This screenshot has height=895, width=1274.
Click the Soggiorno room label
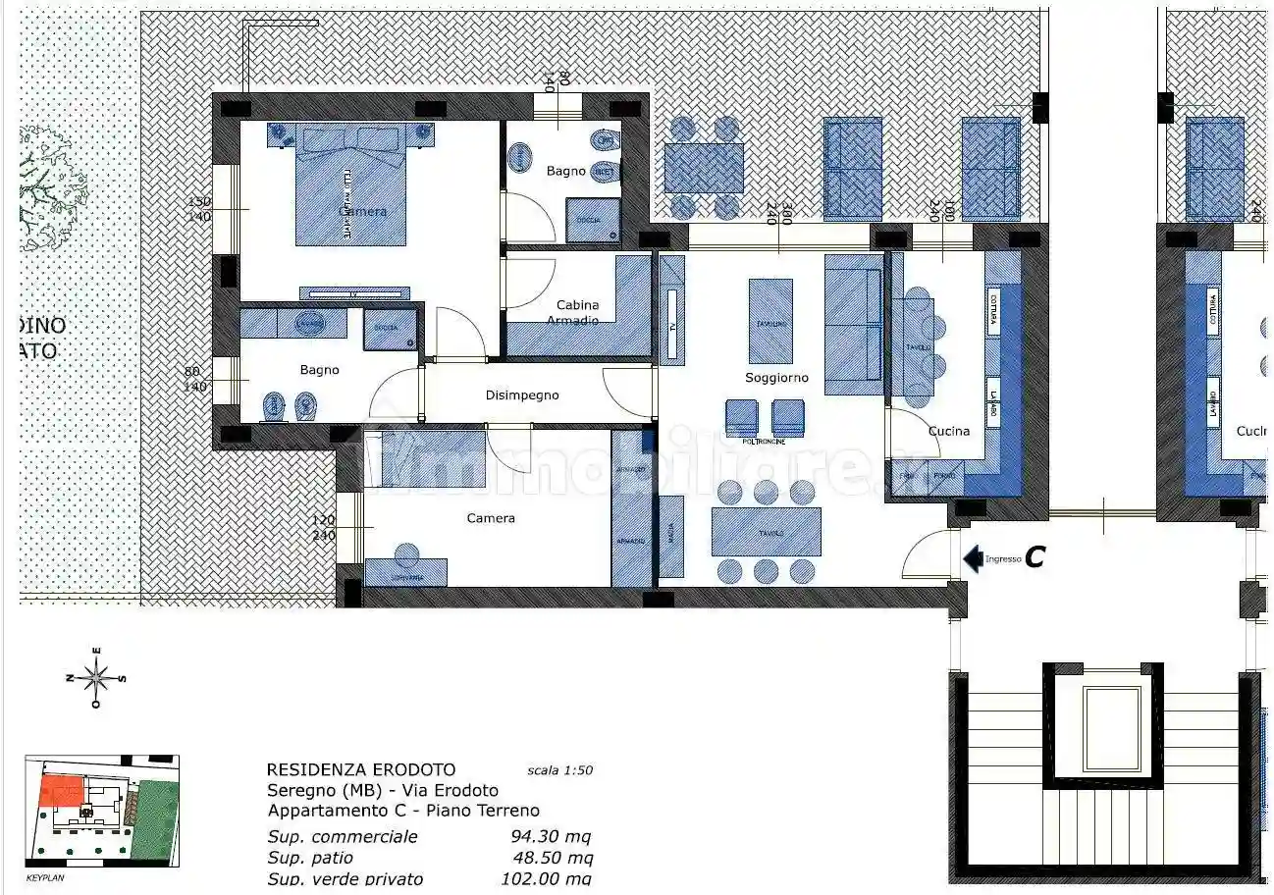776,378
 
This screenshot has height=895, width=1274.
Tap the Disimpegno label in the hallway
522,395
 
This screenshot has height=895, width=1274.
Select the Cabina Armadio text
576,312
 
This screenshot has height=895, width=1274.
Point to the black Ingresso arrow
973,558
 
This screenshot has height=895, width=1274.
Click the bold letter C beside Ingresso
1034,557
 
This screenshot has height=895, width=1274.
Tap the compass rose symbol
96,676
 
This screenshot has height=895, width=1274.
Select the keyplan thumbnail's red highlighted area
61,790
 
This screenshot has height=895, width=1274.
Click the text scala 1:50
559,770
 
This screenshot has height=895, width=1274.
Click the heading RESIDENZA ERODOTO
361,770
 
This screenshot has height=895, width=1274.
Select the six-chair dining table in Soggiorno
766,531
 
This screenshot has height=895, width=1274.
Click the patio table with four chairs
704,168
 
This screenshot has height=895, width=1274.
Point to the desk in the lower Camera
405,572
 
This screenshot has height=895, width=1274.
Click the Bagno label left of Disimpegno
320,370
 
